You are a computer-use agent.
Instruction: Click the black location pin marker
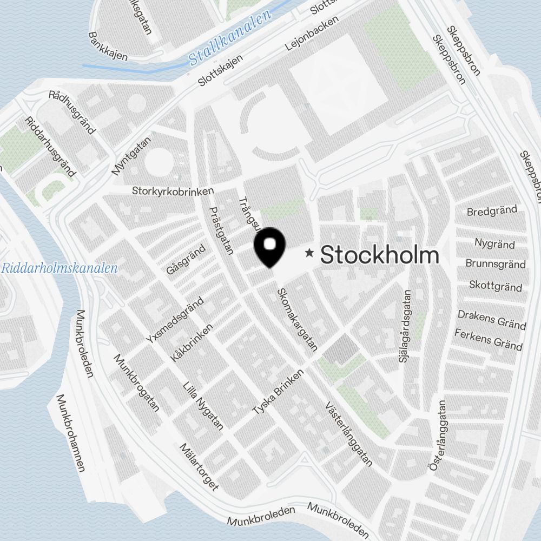(x=269, y=247)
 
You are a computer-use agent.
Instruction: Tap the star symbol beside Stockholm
(x=309, y=253)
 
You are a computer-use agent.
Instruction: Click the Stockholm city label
(x=379, y=255)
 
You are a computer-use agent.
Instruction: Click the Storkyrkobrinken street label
(x=173, y=191)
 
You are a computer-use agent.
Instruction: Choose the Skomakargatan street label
(x=297, y=320)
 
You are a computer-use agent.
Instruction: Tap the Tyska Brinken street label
(x=279, y=393)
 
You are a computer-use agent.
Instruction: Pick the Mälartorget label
(x=199, y=467)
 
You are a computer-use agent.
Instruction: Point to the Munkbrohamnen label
(x=71, y=433)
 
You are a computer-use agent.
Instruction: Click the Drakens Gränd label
(x=492, y=319)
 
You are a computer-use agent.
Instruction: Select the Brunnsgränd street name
(x=495, y=264)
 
